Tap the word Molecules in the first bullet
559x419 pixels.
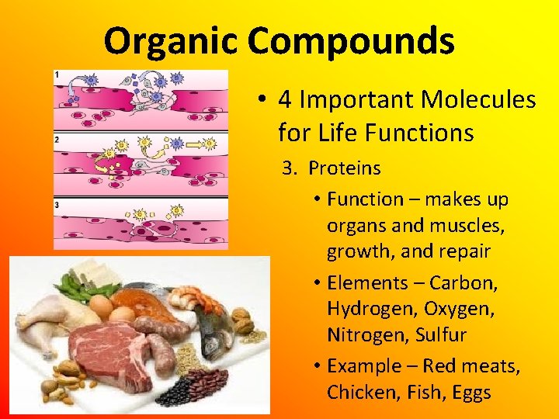click(x=478, y=100)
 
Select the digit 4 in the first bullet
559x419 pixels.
click(x=285, y=100)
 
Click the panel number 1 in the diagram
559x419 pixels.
click(x=57, y=74)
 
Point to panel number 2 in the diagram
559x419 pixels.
click(x=57, y=140)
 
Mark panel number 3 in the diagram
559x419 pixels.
click(x=57, y=204)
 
